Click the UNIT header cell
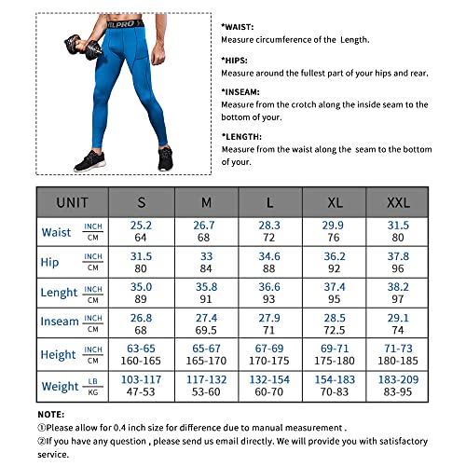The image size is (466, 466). coord(73,201)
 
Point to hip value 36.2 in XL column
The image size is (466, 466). coord(333,255)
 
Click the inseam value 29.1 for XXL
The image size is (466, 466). coord(398,317)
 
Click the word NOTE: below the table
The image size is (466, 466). coord(51,412)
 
